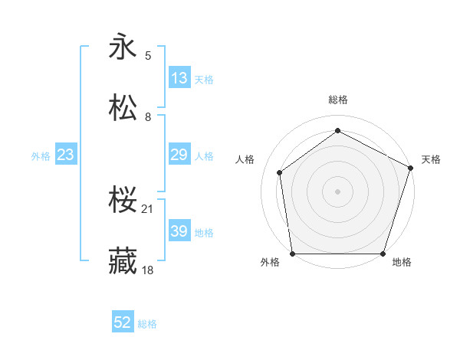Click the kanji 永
click(x=123, y=47)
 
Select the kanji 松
click(x=123, y=108)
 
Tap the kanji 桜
click(x=123, y=201)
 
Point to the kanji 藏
click(x=123, y=261)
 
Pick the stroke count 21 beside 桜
click(x=149, y=209)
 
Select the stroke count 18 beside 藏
click(x=149, y=270)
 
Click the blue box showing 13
click(x=179, y=78)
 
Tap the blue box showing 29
click(x=179, y=155)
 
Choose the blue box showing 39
click(x=179, y=231)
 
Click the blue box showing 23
click(x=66, y=155)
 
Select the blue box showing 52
click(x=123, y=323)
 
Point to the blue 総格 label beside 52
click(x=147, y=324)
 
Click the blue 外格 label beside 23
click(x=41, y=155)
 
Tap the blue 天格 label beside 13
click(x=204, y=79)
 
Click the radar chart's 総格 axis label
click(x=338, y=100)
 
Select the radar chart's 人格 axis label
click(x=245, y=159)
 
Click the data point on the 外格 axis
click(x=293, y=254)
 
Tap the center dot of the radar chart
click(x=338, y=191)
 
